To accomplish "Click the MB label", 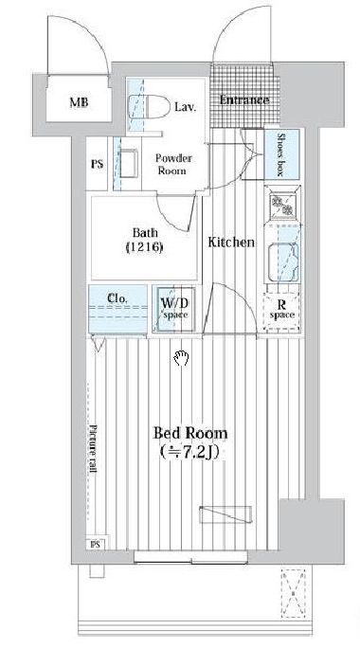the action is point(79,102).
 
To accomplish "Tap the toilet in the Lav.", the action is point(149,107).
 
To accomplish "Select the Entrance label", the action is point(244,100).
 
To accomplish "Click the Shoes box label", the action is point(280,154).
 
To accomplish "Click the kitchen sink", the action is point(282,262).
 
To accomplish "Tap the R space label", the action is point(282,309).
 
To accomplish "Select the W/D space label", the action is point(174,309).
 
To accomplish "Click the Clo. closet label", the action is point(117,298).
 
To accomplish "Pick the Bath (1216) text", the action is point(144,240).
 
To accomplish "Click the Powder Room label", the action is point(172,165).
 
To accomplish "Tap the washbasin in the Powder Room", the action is point(130,164).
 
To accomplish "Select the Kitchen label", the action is point(231,243).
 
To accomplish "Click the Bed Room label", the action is point(189,433).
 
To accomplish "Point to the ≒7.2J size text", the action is point(189,452).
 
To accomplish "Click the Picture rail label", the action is point(93,449).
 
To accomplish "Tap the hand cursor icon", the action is point(180,358).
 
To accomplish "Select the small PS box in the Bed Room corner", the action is point(97,544).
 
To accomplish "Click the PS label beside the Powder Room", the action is point(98,164).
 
